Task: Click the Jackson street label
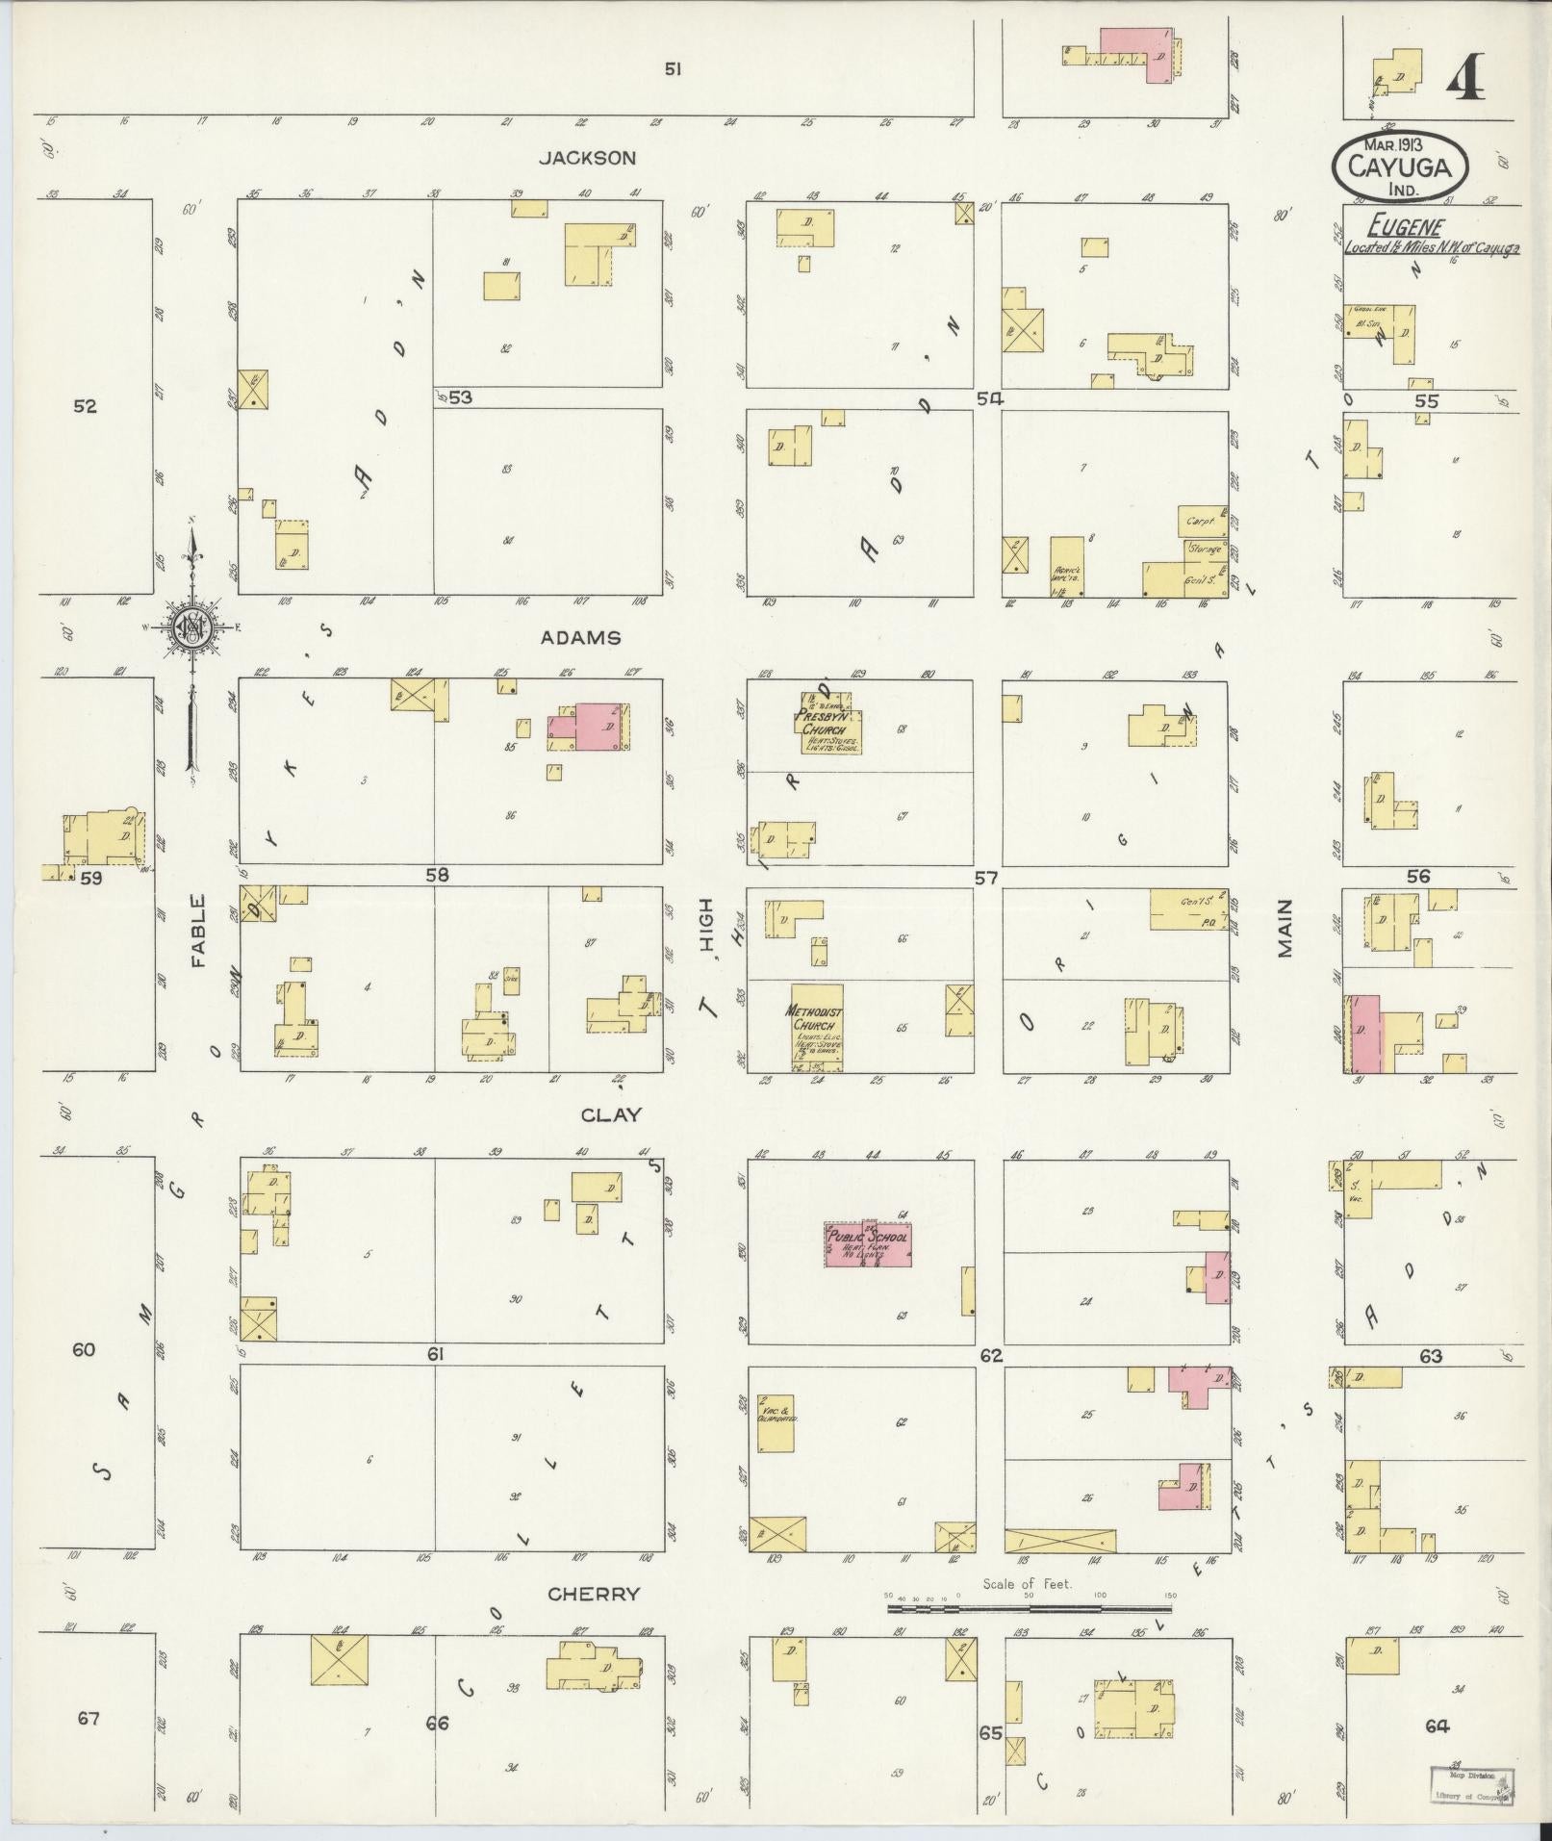(587, 158)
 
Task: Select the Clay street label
(610, 1115)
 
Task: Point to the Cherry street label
(593, 1594)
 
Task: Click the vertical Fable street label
(198, 931)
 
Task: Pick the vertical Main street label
(1285, 928)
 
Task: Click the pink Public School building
(867, 1244)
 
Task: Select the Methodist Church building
(817, 1025)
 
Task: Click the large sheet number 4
(1464, 77)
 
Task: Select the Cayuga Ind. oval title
(1400, 166)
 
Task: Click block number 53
(460, 396)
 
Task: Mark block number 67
(88, 1718)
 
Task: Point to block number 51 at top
(673, 68)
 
